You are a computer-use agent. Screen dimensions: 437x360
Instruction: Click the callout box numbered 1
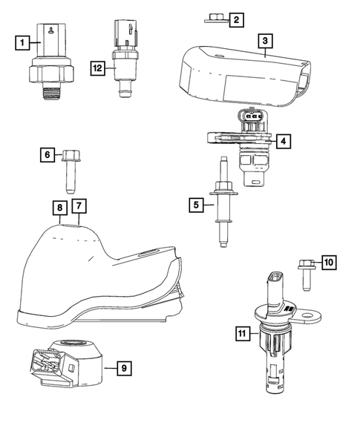tap(24, 43)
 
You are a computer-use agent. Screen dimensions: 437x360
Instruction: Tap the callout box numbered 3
tap(266, 42)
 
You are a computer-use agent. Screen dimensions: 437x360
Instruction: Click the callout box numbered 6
tap(47, 154)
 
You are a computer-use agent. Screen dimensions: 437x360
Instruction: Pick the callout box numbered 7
tap(79, 204)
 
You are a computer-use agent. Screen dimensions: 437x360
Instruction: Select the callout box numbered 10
tap(329, 262)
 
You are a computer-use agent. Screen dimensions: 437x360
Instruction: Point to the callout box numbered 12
tap(97, 68)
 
